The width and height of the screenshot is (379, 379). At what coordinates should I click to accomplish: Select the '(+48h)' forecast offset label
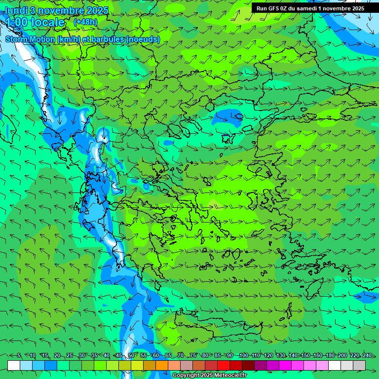tap(85, 22)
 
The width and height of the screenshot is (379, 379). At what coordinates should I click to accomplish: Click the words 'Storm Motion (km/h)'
tap(39, 39)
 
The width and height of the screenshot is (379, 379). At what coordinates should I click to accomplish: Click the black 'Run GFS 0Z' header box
tap(310, 8)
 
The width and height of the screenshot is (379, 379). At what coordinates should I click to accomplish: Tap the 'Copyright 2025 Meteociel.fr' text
tap(209, 376)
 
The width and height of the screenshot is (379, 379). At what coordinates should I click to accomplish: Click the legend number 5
tap(19, 355)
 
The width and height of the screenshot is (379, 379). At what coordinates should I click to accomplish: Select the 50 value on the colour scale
tap(131, 355)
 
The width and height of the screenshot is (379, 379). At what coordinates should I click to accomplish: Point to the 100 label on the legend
tap(243, 355)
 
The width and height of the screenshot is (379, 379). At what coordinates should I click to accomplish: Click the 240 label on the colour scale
tap(367, 355)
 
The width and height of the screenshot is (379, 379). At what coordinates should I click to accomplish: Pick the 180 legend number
tap(330, 355)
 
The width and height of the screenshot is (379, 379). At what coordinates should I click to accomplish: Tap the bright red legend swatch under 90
tap(224, 365)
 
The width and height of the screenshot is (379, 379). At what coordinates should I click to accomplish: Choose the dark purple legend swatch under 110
tap(261, 365)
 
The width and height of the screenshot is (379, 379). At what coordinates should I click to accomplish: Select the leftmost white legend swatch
tap(14, 365)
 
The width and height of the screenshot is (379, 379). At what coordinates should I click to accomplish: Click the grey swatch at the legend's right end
tap(359, 365)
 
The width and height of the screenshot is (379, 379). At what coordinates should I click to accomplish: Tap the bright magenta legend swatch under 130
tap(285, 365)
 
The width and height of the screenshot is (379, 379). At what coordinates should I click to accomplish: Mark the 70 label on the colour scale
tap(181, 355)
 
